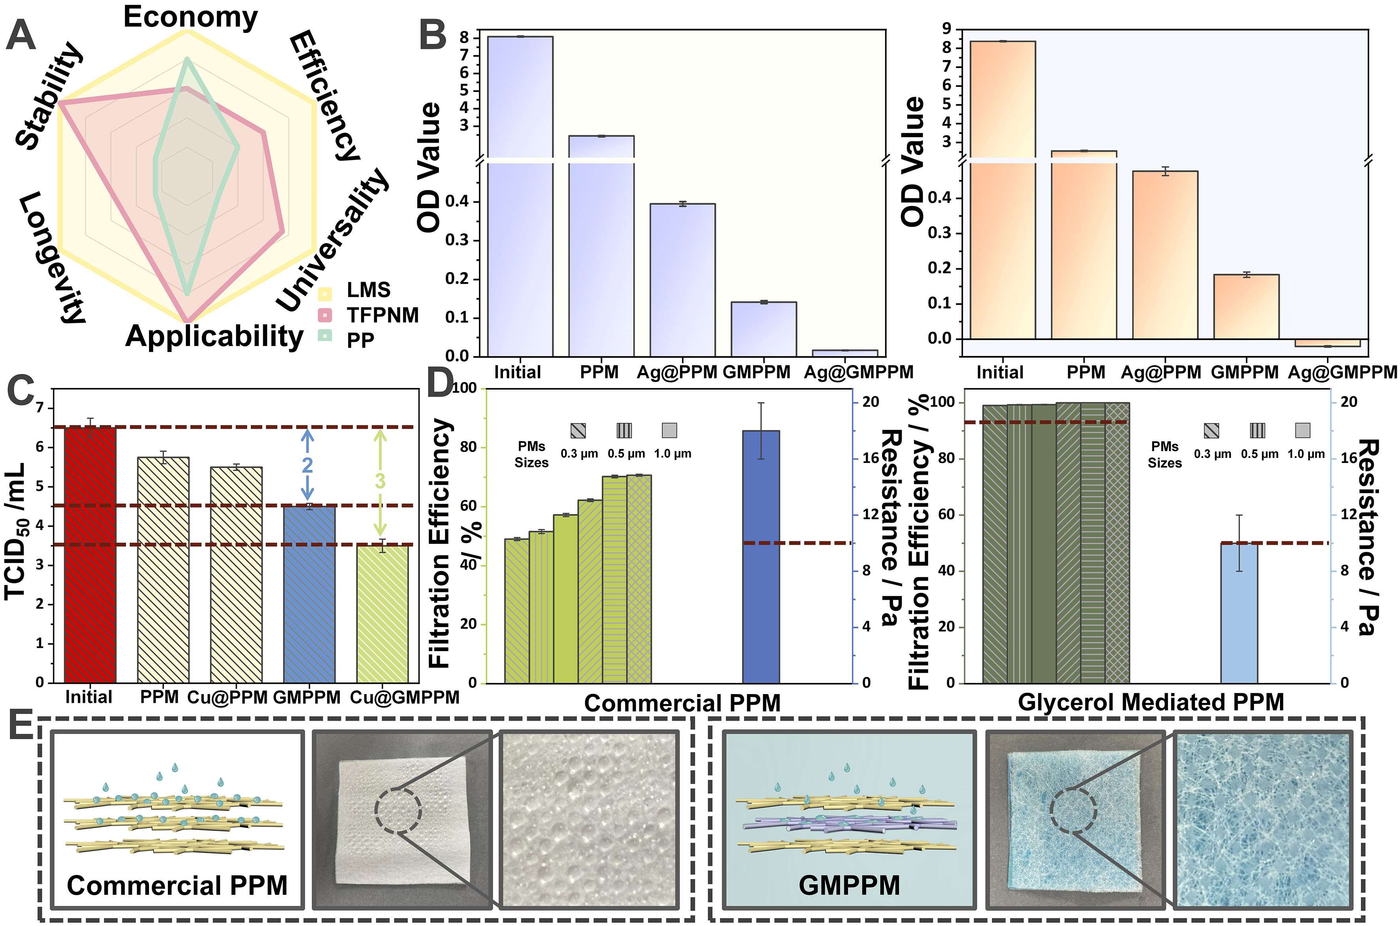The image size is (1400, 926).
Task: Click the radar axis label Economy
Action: pos(190,18)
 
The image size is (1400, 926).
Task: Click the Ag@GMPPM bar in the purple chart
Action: pos(845,352)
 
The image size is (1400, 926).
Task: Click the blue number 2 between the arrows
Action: pos(307,465)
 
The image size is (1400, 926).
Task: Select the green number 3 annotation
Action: pos(380,481)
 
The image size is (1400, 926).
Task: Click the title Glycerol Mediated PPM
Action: pos(1151,702)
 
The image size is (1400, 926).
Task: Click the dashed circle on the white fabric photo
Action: pos(398,811)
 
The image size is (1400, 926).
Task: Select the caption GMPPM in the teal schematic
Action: pos(849,885)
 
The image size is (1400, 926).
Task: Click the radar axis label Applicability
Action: pos(214,336)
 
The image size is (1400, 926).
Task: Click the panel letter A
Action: pos(21,36)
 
